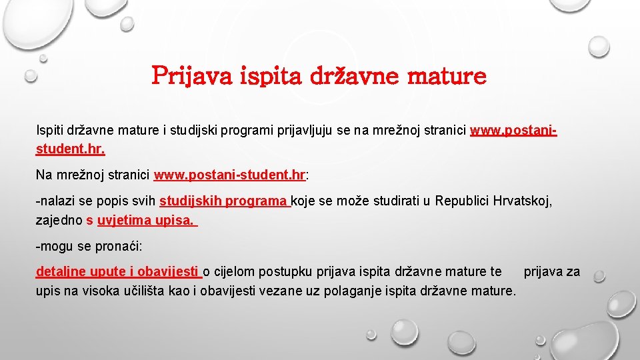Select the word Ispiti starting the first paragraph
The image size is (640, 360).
pos(49,130)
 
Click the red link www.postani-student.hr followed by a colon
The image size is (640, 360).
pos(229,175)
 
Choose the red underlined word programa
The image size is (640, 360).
pos(257,201)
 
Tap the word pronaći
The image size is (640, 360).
pos(119,246)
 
